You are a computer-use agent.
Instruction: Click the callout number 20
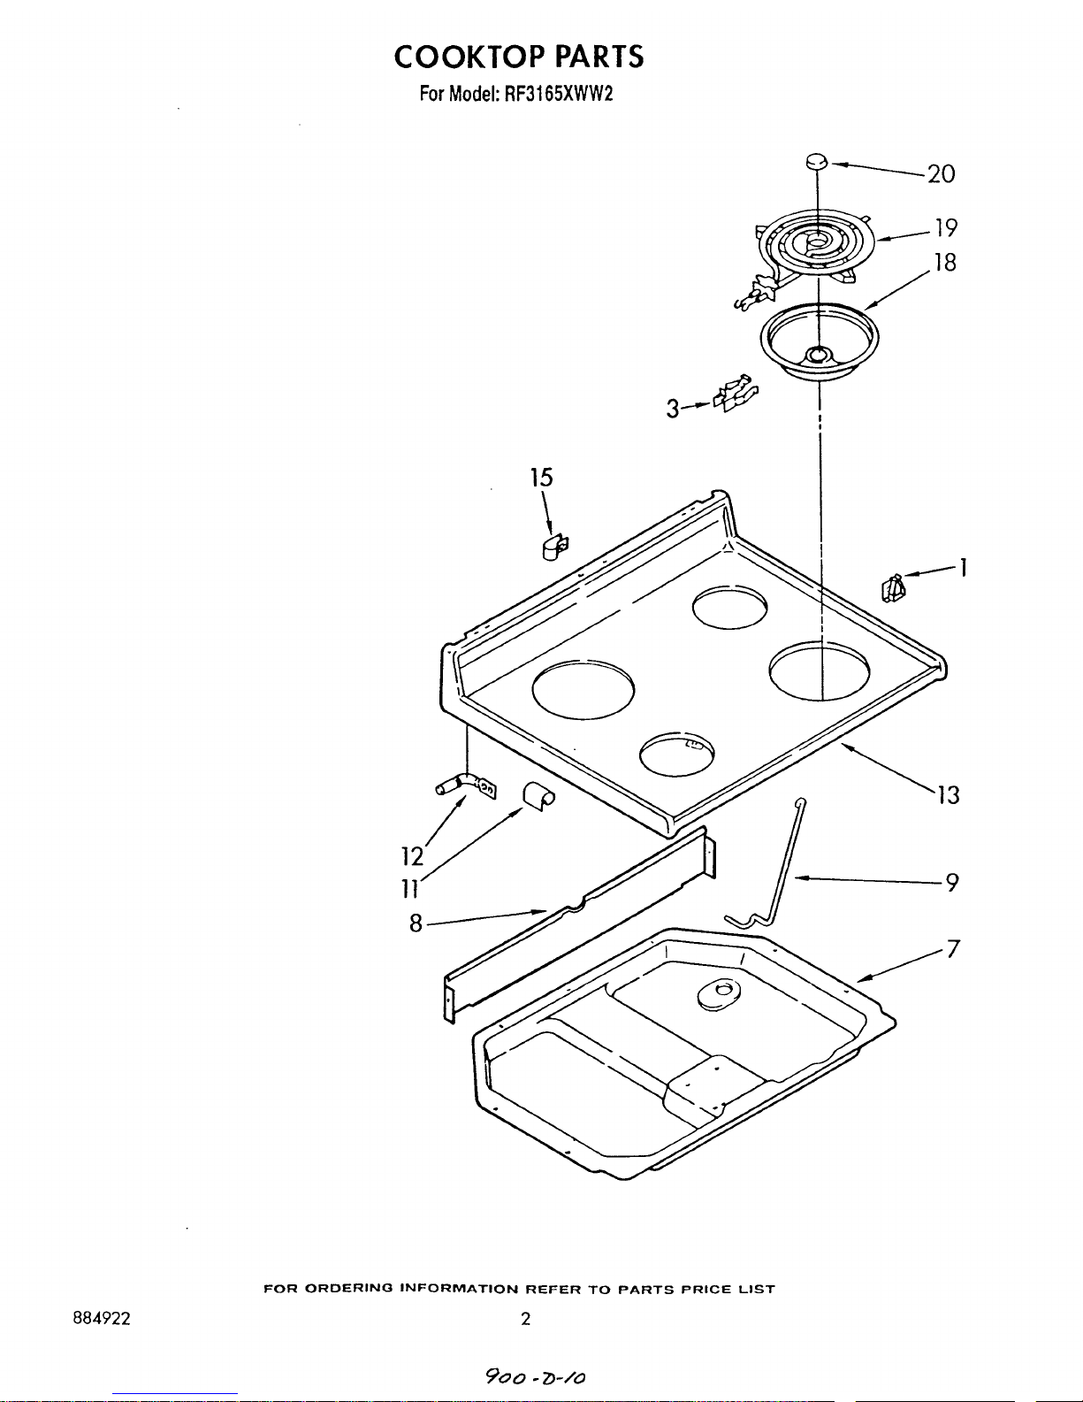941,173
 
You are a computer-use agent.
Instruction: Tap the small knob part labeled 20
816,161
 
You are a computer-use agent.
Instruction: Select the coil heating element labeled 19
808,254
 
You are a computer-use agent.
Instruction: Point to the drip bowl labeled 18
819,341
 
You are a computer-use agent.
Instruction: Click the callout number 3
673,409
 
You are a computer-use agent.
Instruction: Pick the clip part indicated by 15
554,548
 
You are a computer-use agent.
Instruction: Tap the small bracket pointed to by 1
893,588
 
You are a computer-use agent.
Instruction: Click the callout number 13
949,795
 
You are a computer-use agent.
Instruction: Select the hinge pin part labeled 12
465,787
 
